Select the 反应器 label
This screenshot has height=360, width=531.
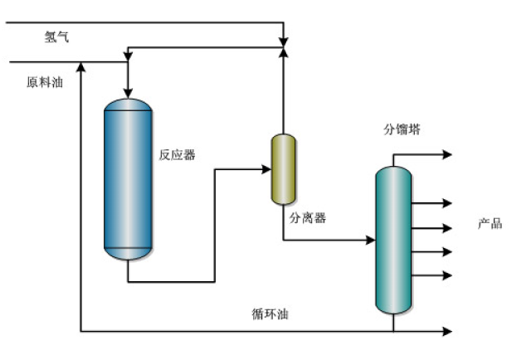tap(178, 155)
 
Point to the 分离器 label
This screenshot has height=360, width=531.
tap(308, 219)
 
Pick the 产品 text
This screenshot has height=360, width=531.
tap(490, 224)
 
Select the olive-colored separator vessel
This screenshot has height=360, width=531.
tap(284, 169)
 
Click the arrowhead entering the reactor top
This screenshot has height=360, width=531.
tap(127, 90)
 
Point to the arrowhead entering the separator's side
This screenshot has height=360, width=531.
tap(265, 169)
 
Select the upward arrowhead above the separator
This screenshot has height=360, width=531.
tap(284, 53)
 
